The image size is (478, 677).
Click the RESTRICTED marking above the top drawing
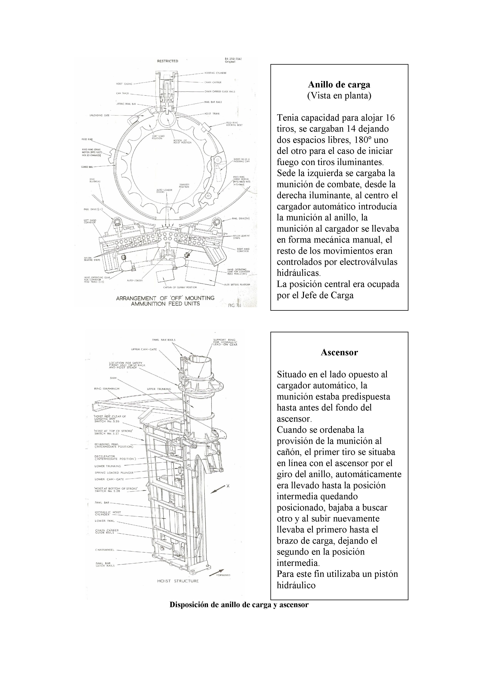(x=167, y=61)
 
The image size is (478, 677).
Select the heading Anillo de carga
(x=339, y=85)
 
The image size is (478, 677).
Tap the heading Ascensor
(x=339, y=352)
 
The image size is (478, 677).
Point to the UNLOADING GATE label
(x=99, y=115)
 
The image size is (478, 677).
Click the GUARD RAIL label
(x=87, y=167)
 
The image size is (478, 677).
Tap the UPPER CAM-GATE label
(x=144, y=350)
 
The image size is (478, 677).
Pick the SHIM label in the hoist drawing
(x=113, y=378)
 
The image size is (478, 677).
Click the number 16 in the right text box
(x=390, y=118)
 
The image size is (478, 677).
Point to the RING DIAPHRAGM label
(x=107, y=389)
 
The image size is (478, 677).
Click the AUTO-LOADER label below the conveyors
(x=135, y=280)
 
